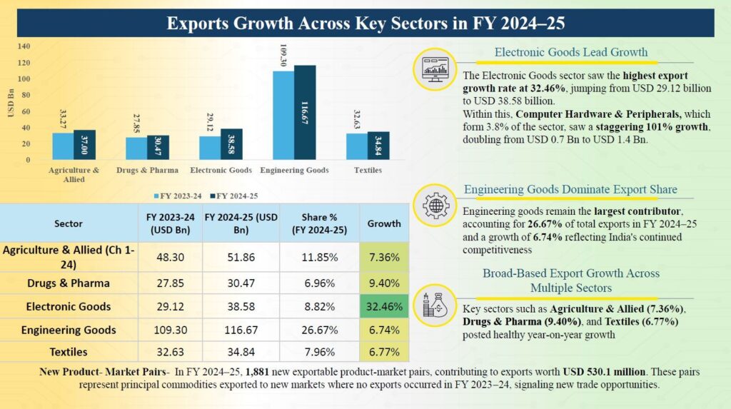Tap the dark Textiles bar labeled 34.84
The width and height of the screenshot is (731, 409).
(378, 146)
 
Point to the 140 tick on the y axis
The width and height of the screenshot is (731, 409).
(24, 46)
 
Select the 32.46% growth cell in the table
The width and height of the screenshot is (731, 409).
(384, 306)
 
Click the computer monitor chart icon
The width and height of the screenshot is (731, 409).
(435, 69)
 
